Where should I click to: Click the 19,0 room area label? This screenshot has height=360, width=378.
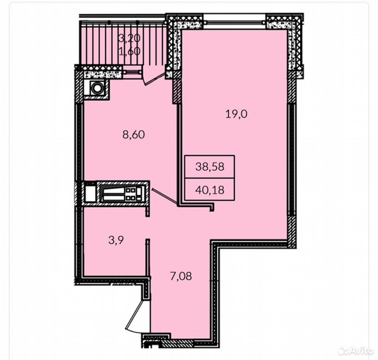(x=236, y=114)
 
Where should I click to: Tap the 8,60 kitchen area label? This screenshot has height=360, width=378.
(x=133, y=135)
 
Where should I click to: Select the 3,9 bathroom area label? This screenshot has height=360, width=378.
(x=116, y=240)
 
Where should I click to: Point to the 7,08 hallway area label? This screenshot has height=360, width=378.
(x=181, y=276)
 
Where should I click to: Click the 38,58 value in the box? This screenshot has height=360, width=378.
(x=210, y=166)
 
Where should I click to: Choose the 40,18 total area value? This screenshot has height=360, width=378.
(x=210, y=190)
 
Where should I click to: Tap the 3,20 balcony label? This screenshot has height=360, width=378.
(x=129, y=38)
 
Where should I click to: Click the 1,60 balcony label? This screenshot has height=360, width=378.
(x=130, y=51)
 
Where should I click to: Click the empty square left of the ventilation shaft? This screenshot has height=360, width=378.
(x=91, y=192)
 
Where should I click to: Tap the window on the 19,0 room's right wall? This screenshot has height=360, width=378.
(x=291, y=159)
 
